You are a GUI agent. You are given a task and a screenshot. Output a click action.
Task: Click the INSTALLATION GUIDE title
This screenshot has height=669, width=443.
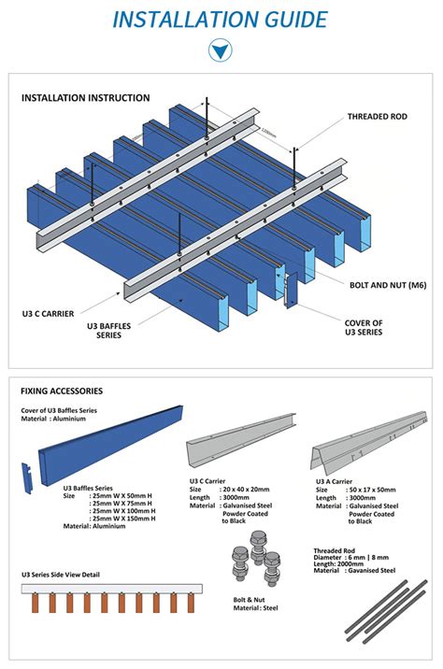[x=221, y=19]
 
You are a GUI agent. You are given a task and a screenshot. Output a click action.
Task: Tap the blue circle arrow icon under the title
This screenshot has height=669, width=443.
[x=221, y=50]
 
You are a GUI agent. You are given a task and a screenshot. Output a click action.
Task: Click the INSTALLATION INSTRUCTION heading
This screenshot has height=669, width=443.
[x=85, y=98]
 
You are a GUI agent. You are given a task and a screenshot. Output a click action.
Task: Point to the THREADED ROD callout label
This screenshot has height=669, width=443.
[x=378, y=117]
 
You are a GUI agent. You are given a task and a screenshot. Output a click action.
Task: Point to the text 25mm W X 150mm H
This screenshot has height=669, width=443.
[x=122, y=519]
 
